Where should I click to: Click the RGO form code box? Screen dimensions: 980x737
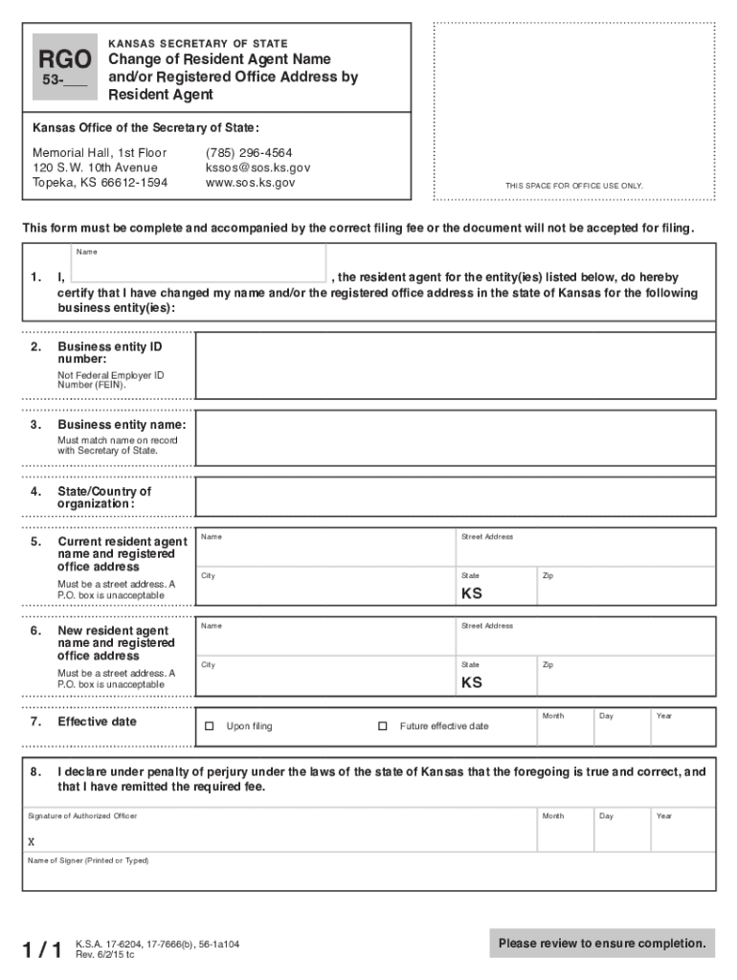click(x=64, y=68)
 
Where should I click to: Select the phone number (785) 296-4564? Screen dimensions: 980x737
click(x=249, y=153)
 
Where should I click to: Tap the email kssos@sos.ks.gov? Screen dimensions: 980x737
click(x=257, y=167)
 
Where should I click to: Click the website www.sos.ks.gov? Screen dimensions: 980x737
click(x=251, y=182)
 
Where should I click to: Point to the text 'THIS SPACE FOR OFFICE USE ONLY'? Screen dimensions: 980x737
click(x=574, y=186)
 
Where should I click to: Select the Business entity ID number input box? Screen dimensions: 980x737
click(x=455, y=368)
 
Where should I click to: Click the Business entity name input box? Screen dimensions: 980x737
click(x=455, y=438)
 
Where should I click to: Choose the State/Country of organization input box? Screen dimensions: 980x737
click(x=455, y=497)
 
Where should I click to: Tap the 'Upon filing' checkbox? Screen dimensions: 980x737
click(x=210, y=726)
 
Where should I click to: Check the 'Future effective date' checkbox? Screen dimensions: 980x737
click(x=383, y=726)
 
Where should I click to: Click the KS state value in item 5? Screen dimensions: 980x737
click(x=472, y=593)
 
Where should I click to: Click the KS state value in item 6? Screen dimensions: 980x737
click(x=472, y=682)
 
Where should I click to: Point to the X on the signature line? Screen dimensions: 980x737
click(x=32, y=842)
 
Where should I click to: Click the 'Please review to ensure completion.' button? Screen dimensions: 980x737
click(x=602, y=944)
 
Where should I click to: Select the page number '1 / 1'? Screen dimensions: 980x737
click(x=43, y=949)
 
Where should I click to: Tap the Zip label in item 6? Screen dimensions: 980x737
click(x=547, y=665)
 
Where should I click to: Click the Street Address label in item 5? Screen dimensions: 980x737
click(x=487, y=537)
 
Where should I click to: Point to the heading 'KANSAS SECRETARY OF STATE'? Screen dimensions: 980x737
click(x=198, y=44)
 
